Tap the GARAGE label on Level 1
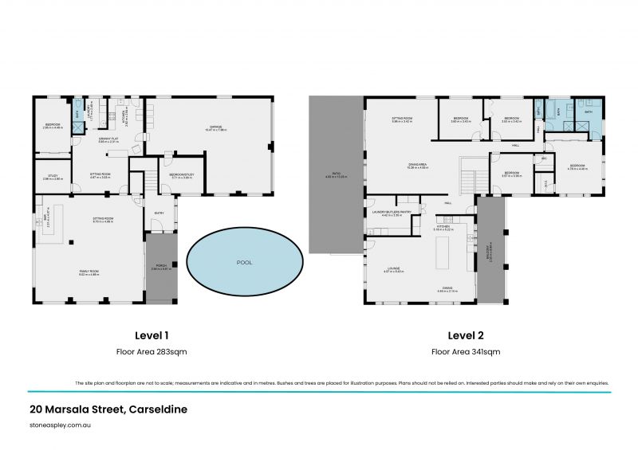(x=215, y=127)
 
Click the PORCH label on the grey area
(x=161, y=268)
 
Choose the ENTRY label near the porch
(x=159, y=213)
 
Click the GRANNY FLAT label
(x=109, y=139)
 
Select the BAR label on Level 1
(x=48, y=217)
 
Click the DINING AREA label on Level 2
(x=419, y=165)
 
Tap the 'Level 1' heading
(x=152, y=335)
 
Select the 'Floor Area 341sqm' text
(x=466, y=351)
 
